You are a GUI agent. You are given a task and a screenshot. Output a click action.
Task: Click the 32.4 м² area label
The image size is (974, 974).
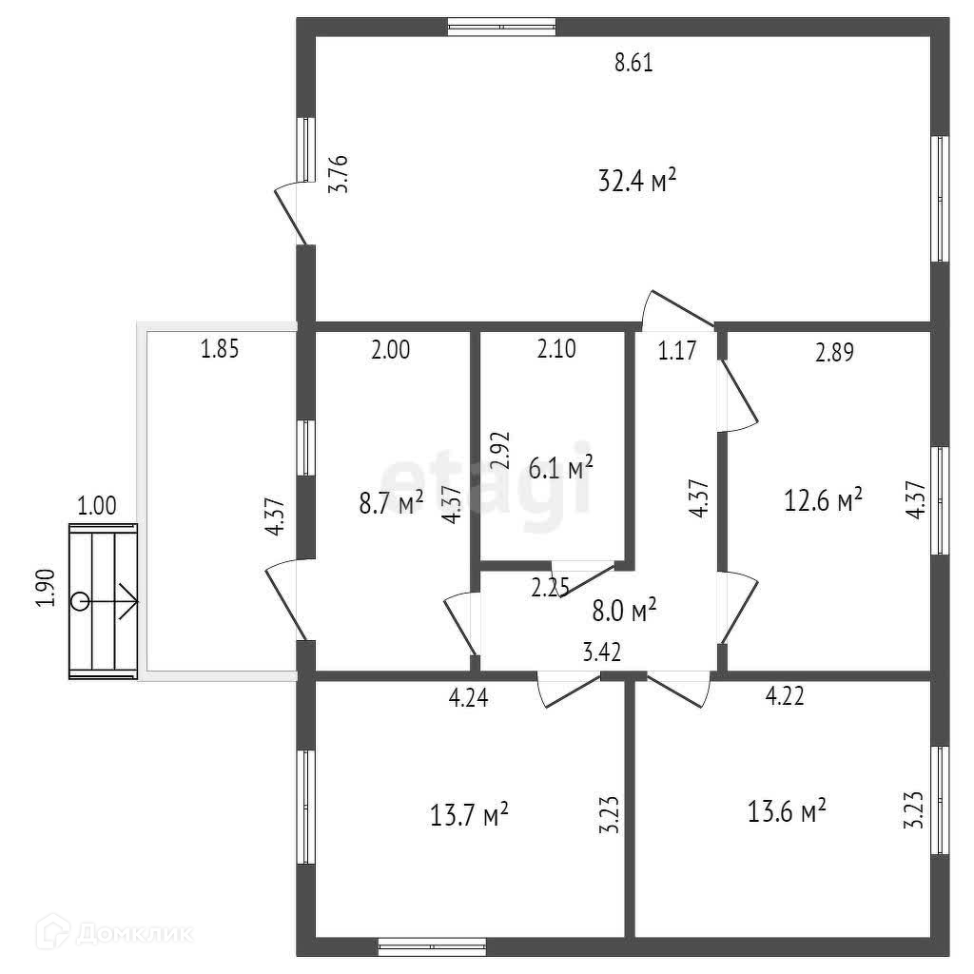pos(636,180)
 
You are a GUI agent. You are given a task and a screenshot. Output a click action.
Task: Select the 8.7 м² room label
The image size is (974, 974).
pos(391,502)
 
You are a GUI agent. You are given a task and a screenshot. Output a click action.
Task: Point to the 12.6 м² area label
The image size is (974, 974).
pos(823,499)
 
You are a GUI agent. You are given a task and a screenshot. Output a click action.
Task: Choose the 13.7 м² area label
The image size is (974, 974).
pos(469,814)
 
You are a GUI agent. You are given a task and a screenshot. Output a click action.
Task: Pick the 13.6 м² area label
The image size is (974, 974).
pos(787,810)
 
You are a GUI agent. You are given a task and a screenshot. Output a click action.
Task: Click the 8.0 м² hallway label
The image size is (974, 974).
pos(624,611)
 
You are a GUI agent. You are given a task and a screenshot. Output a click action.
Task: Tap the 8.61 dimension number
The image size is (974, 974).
pos(633,63)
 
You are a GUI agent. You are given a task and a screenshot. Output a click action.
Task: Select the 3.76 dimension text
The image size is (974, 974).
pos(339,175)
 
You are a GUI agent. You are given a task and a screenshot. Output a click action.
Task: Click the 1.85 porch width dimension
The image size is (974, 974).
pos(220,348)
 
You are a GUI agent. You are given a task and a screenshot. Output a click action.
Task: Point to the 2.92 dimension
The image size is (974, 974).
pos(500,450)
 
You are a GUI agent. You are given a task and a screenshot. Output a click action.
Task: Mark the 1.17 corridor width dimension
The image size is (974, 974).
pos(677,350)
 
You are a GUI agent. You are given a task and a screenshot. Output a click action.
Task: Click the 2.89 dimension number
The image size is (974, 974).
pos(835,352)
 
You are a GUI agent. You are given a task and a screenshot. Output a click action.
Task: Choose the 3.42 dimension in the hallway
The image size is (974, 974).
pos(602,653)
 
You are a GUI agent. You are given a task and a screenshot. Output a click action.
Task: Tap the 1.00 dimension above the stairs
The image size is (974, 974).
pos(97,506)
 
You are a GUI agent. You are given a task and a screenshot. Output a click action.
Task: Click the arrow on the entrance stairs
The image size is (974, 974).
pos(105,601)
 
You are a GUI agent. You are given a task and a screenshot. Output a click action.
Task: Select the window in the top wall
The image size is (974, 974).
pos(502,27)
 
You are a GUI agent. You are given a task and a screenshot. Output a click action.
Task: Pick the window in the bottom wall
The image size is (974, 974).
pos(433,947)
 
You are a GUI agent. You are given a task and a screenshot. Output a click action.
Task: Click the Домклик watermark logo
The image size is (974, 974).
pos(115,932)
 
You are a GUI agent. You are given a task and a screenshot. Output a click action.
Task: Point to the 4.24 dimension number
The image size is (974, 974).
pos(468,697)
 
